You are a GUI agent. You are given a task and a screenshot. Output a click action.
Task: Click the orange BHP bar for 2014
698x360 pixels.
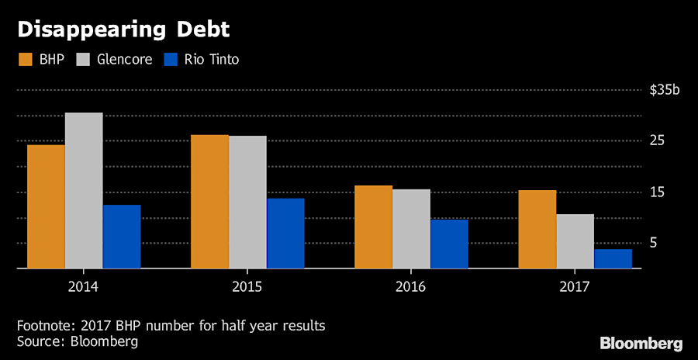pyautogui.click(x=46, y=206)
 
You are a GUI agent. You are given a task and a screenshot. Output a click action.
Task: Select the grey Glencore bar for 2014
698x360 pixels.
pyautogui.click(x=84, y=191)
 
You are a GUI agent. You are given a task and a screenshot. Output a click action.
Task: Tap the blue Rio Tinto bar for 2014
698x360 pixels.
pyautogui.click(x=122, y=237)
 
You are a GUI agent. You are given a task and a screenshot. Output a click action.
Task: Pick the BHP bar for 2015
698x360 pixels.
pyautogui.click(x=209, y=202)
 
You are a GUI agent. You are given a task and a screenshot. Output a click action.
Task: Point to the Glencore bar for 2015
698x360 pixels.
pyautogui.click(x=247, y=202)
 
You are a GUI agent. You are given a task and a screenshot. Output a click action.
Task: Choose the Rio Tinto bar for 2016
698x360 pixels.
pyautogui.click(x=449, y=244)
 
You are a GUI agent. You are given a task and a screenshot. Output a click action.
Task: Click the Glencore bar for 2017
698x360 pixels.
pyautogui.click(x=575, y=241)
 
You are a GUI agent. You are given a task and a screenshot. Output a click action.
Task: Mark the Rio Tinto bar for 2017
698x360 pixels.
pyautogui.click(x=613, y=258)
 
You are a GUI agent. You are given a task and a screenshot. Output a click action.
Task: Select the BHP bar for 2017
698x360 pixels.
pyautogui.click(x=537, y=229)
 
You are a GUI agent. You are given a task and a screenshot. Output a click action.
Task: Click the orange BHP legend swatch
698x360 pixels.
pyautogui.click(x=25, y=60)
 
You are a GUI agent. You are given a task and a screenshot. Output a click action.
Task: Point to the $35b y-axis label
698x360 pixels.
pyautogui.click(x=665, y=90)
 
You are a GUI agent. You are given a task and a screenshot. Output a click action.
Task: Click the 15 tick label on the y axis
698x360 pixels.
pyautogui.click(x=658, y=192)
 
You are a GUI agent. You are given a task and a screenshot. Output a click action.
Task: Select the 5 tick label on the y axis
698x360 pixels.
pyautogui.click(x=654, y=243)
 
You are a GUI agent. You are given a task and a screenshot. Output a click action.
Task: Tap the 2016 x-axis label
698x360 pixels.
pyautogui.click(x=410, y=286)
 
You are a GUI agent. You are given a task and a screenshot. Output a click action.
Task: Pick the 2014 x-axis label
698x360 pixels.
pyautogui.click(x=83, y=286)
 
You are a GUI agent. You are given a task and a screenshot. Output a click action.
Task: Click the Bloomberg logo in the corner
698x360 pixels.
pyautogui.click(x=641, y=342)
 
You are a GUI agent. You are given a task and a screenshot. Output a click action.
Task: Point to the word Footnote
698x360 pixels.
pyautogui.click(x=43, y=325)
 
